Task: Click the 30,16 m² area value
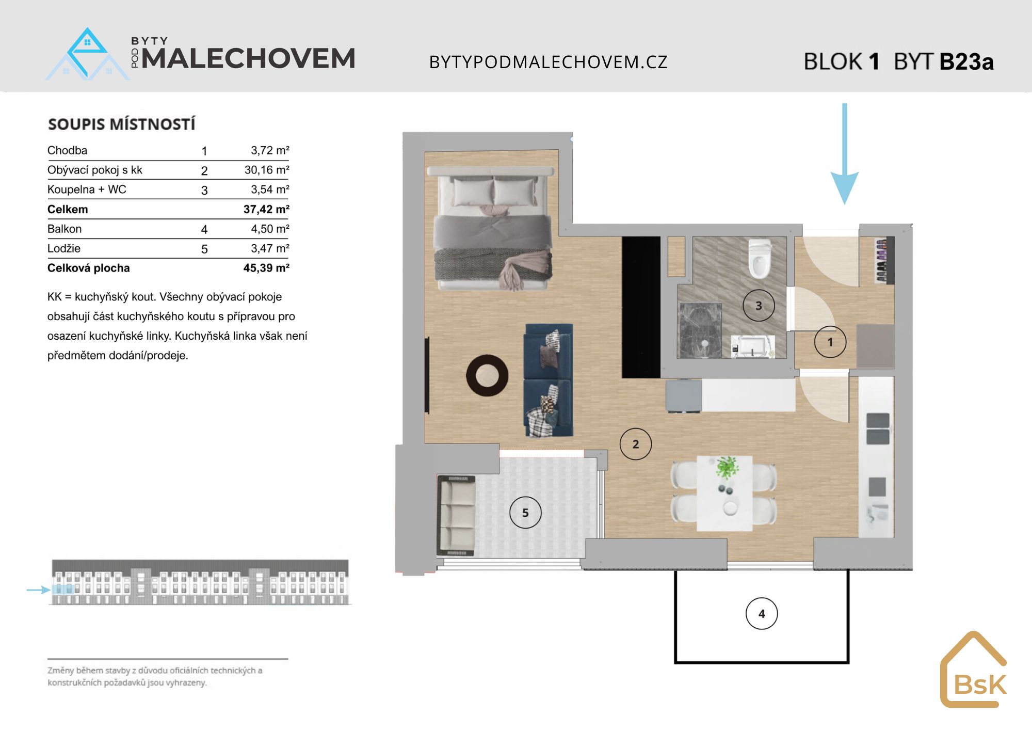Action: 267,170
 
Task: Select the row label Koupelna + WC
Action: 87,189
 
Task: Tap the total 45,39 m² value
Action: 266,268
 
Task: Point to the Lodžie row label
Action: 64,248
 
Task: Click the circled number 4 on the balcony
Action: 762,613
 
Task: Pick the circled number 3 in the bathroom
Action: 759,306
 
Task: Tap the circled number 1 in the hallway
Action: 830,342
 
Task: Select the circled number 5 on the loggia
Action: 525,513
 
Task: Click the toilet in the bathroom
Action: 760,258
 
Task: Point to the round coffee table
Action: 487,375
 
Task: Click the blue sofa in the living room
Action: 549,380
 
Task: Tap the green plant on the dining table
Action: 727,468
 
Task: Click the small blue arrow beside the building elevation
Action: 38,590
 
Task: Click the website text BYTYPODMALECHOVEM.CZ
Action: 549,62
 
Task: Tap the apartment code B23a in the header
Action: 966,62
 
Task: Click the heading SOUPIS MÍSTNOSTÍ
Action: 122,124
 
